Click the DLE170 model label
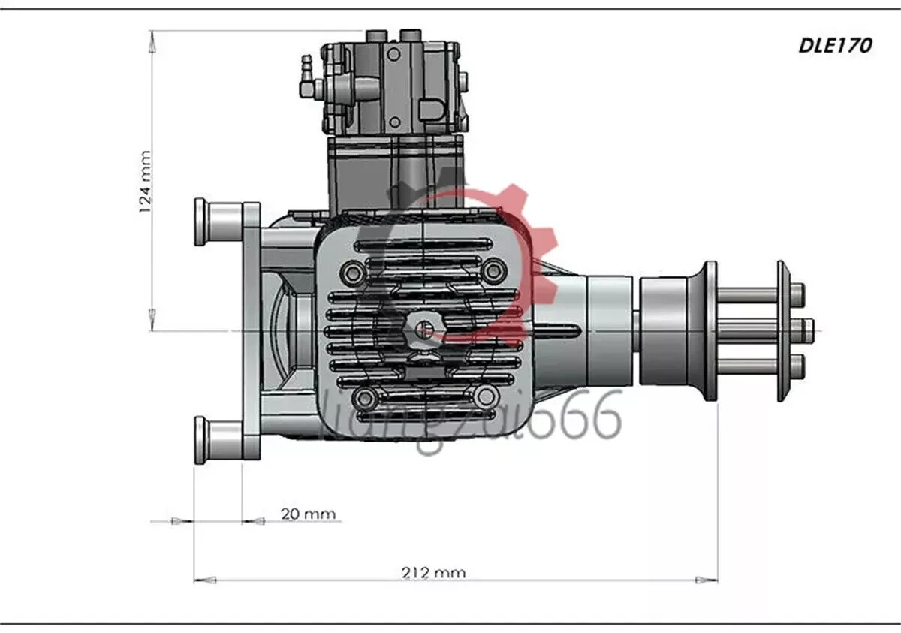[x=834, y=46]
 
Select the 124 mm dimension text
[x=146, y=182]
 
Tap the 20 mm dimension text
[x=308, y=514]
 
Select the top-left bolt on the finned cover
[x=351, y=270]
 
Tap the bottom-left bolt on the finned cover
[x=364, y=397]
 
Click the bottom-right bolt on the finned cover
[x=484, y=396]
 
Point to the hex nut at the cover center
[x=423, y=330]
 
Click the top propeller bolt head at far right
[x=797, y=291]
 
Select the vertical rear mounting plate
[x=252, y=330]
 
